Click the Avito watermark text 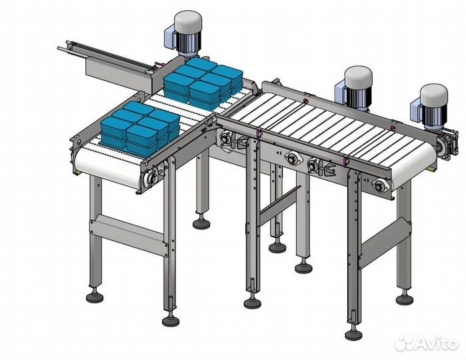[x=437, y=344]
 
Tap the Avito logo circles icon [x=405, y=343]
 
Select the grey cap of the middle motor [x=358, y=77]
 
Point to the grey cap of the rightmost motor [x=433, y=95]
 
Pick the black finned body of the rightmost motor [x=435, y=115]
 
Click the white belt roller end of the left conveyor [x=106, y=169]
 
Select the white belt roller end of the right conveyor [x=414, y=166]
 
